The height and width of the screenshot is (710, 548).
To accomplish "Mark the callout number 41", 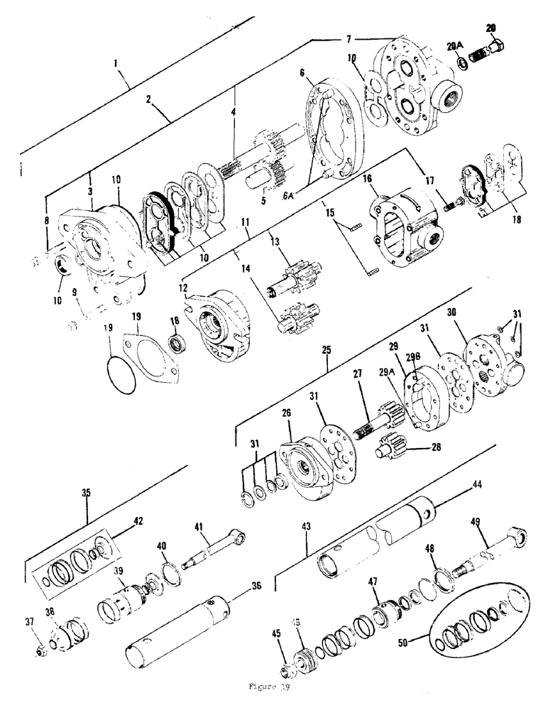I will (x=199, y=528).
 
